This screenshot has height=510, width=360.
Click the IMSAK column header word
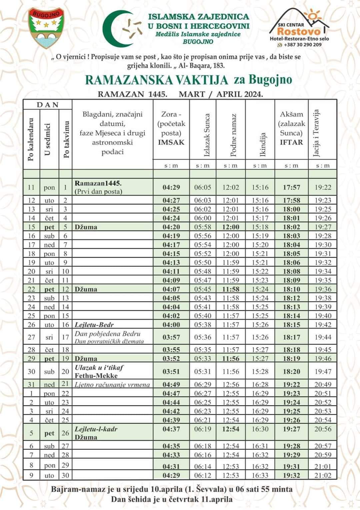[171, 142]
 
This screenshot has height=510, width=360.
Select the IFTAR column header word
[291, 142]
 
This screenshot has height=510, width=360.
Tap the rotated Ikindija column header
[263, 145]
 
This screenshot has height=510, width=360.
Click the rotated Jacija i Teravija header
[316, 133]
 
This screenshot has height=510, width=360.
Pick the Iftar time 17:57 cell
[291, 187]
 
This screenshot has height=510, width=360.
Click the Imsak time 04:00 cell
[171, 325]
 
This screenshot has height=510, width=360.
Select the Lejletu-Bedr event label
[94, 325]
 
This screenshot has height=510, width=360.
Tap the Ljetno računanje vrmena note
[112, 384]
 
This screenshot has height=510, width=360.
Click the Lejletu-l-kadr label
[96, 429]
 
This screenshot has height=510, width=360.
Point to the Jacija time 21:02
[323, 475]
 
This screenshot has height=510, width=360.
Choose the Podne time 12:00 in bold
[231, 227]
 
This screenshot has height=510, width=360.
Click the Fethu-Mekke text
[96, 376]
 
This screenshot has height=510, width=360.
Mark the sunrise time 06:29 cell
[203, 384]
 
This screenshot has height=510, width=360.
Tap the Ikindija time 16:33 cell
[260, 475]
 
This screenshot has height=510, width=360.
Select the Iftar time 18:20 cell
[291, 371]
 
